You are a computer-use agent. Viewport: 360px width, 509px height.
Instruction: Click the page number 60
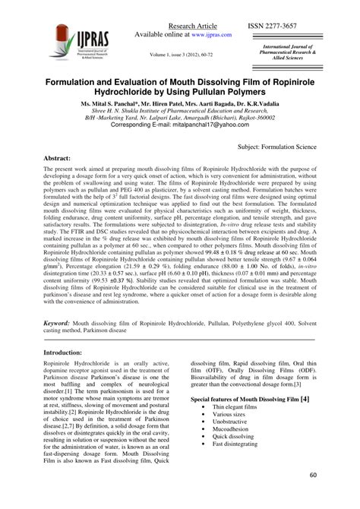tap(313, 497)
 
